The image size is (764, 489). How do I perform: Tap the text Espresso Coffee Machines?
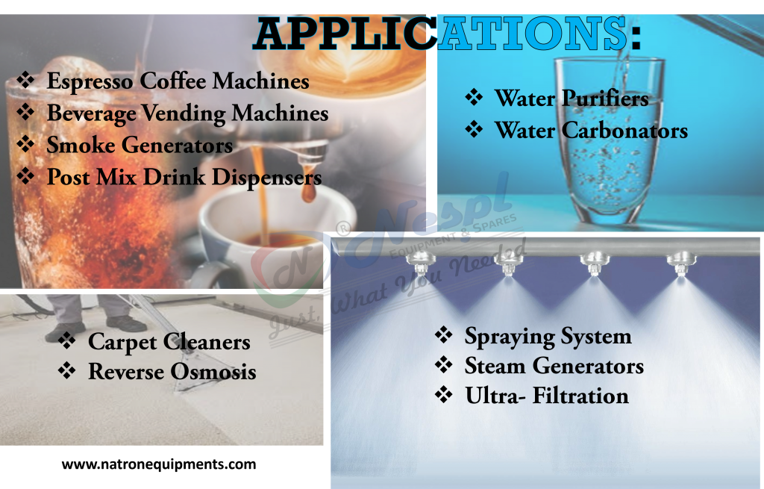pos(178,81)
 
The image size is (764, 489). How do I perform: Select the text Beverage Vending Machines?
pos(187,113)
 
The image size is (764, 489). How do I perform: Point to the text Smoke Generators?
pos(140,145)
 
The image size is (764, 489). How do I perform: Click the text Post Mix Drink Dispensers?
pos(184,178)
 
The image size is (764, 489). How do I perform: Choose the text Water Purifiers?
pos(572,98)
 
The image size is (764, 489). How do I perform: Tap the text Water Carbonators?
pos(591,131)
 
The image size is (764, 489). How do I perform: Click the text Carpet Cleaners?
pos(169,342)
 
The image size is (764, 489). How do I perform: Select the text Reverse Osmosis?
pos(172,371)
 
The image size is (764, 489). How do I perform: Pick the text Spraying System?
pos(548,336)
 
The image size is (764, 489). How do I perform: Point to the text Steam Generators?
pos(554,366)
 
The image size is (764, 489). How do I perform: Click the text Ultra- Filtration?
pos(547,396)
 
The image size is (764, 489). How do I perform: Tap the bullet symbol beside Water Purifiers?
pos(474,97)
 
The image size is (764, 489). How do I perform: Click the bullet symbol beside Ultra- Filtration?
pos(444,395)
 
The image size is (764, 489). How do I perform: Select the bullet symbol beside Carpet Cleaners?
pos(67,341)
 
